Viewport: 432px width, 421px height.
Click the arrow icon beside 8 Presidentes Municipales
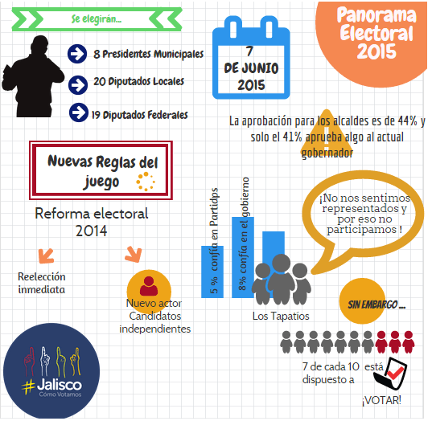click(x=77, y=54)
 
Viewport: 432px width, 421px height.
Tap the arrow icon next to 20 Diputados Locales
click(x=78, y=85)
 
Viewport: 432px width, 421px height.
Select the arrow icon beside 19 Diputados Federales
click(x=79, y=112)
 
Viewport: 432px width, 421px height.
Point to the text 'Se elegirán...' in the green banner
click(x=97, y=19)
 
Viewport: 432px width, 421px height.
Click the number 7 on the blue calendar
click(x=249, y=51)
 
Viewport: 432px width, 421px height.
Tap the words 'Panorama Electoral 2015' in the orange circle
click(x=376, y=32)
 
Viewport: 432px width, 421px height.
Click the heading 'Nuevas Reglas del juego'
click(x=103, y=171)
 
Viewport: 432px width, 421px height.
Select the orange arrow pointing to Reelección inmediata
click(x=46, y=256)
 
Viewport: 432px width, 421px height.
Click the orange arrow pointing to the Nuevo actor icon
click(x=134, y=255)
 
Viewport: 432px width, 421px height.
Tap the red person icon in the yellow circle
click(x=149, y=286)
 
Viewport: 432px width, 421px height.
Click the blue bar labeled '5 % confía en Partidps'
click(x=212, y=272)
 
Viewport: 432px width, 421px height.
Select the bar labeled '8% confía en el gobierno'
click(x=243, y=257)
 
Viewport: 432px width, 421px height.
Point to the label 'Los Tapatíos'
click(x=281, y=317)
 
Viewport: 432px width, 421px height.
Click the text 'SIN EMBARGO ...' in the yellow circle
click(x=376, y=305)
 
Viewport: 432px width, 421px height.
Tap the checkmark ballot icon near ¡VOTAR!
click(x=391, y=374)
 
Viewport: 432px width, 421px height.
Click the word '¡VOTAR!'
click(x=381, y=400)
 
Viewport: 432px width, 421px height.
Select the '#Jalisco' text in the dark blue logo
click(x=51, y=386)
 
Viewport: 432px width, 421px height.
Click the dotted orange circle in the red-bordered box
click(x=146, y=182)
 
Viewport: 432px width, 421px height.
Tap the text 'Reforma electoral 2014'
click(x=92, y=222)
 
